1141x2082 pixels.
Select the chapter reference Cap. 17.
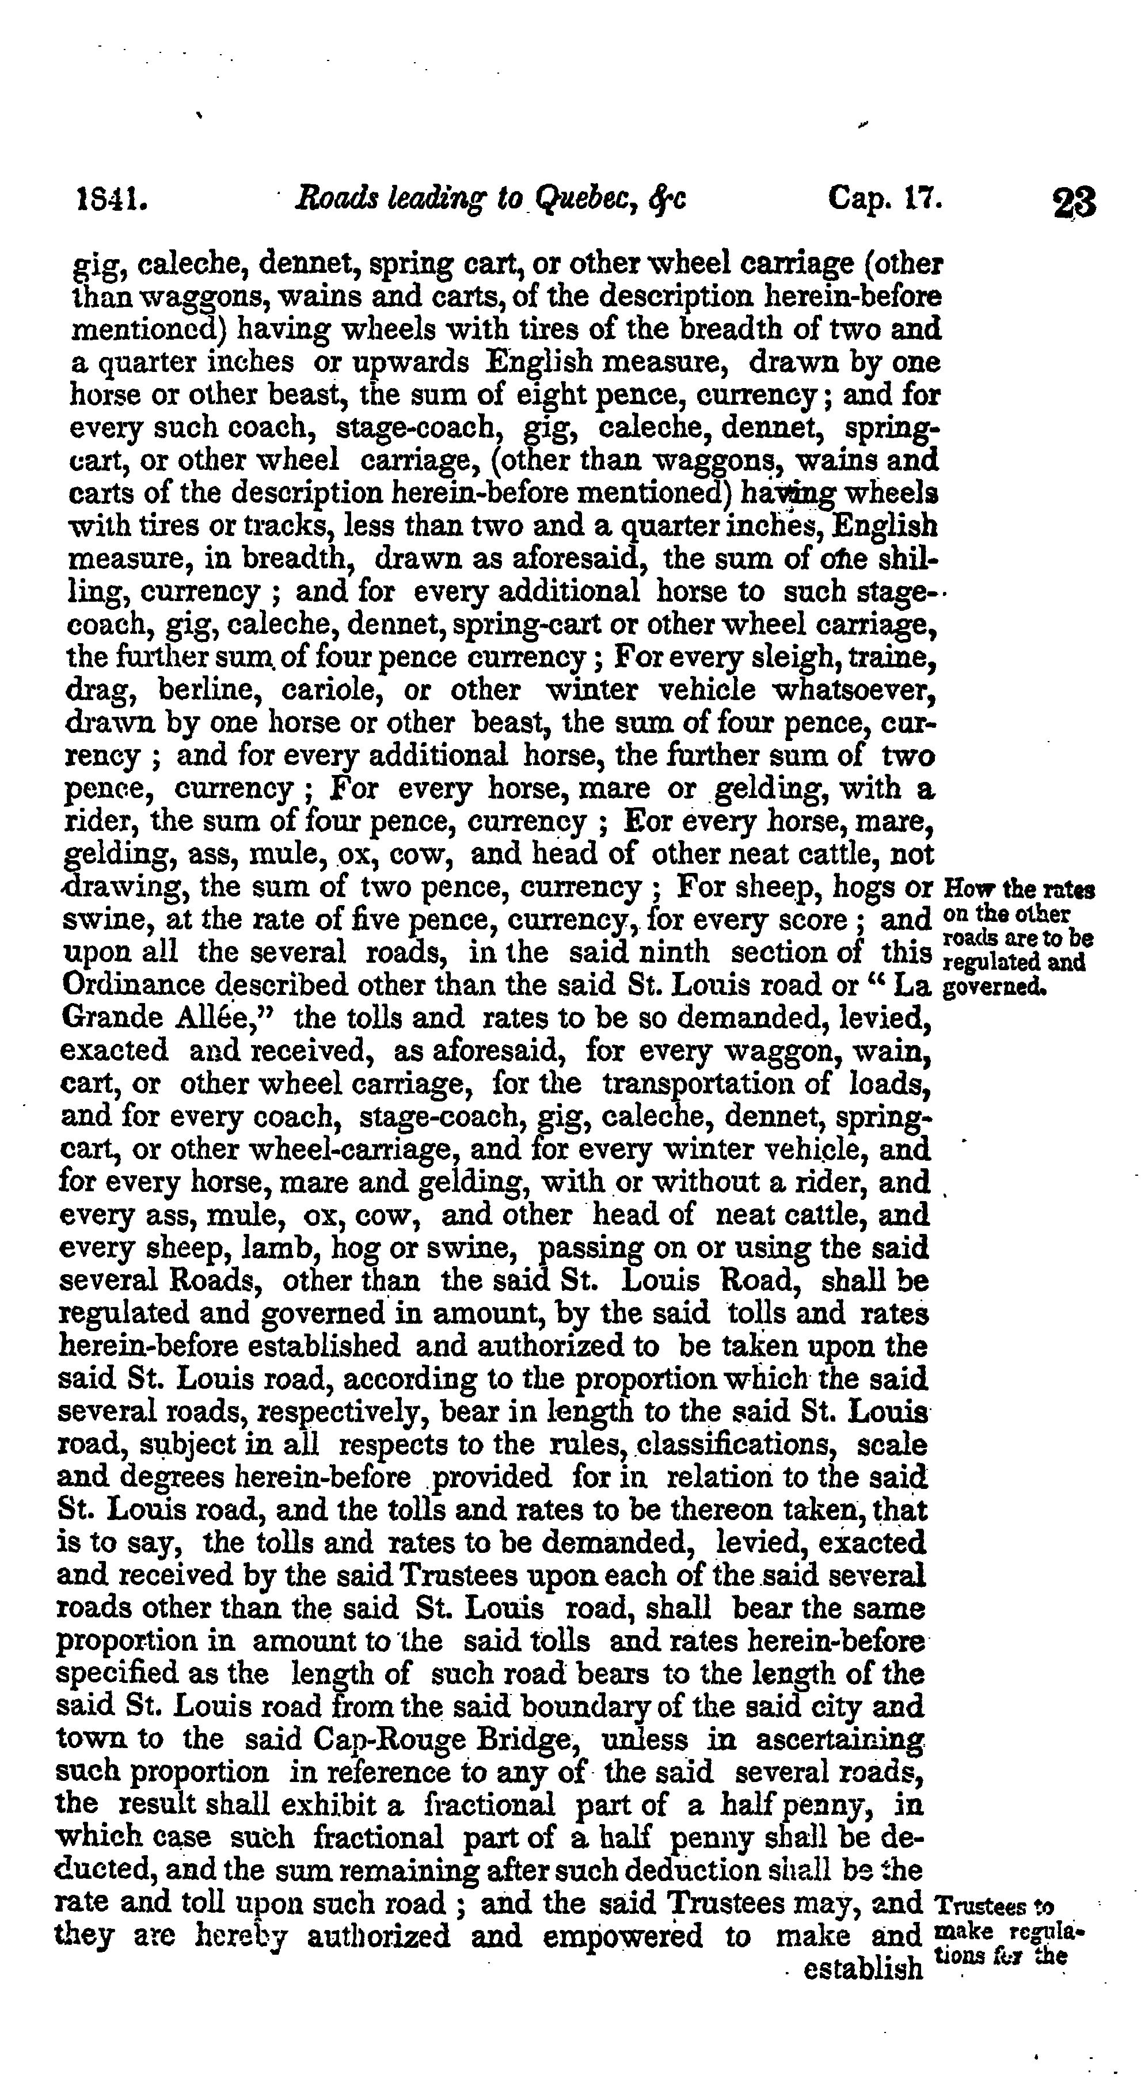pos(885,199)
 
